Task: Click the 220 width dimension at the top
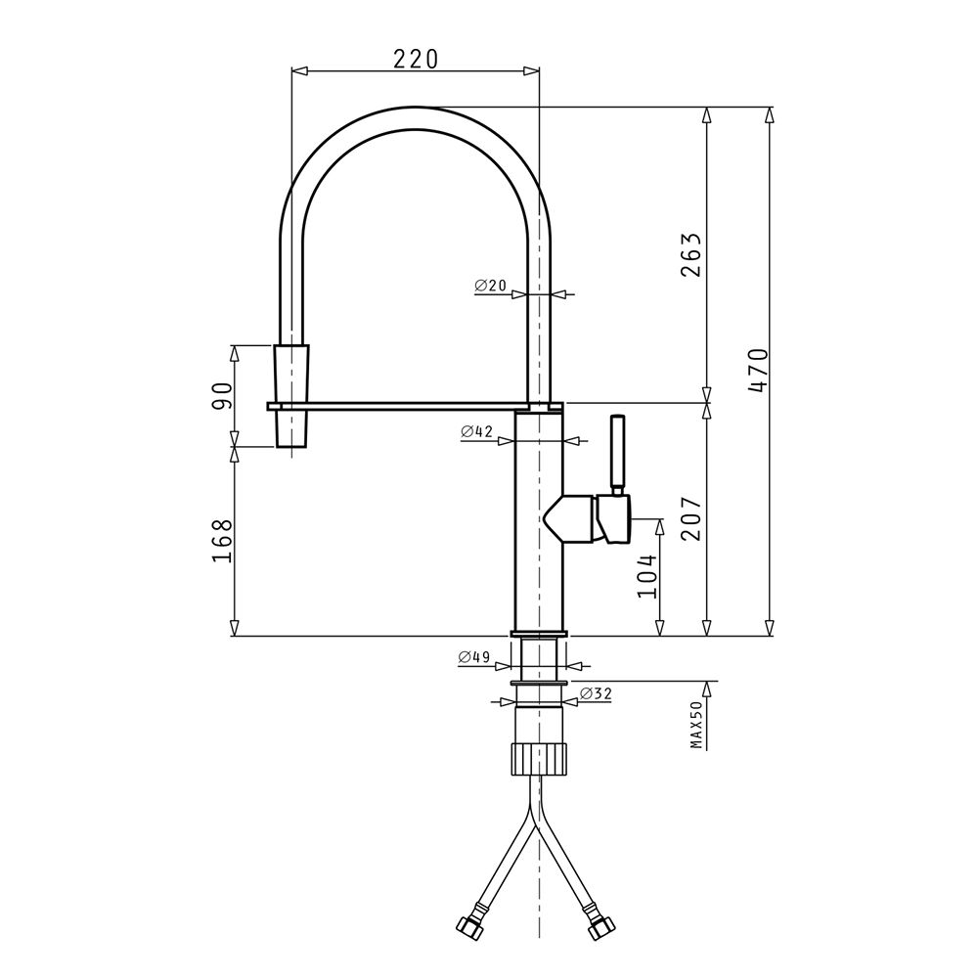coord(416,59)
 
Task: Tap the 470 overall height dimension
coord(759,371)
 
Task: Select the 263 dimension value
coord(691,255)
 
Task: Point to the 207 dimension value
coord(691,519)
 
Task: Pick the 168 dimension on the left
coord(222,541)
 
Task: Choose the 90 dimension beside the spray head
coord(222,395)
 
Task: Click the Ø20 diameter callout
coord(490,286)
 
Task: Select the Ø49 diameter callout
coord(474,657)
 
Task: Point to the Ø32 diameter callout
coord(597,693)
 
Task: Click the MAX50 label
coord(696,724)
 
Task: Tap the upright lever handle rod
coord(617,454)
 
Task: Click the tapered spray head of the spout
coord(291,395)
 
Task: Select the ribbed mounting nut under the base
coord(539,758)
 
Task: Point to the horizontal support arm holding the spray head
coord(416,406)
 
